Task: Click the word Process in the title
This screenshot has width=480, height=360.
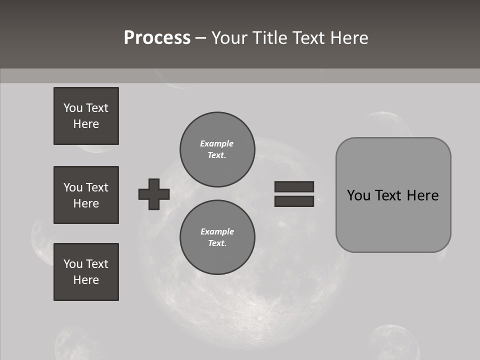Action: [x=157, y=38]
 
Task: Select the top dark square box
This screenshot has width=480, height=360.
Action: [x=86, y=116]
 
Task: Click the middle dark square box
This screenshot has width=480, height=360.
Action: [x=86, y=195]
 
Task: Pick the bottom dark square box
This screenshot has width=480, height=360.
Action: [x=86, y=272]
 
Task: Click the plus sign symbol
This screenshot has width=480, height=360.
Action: [x=154, y=194]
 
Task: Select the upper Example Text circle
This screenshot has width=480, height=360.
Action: [x=217, y=149]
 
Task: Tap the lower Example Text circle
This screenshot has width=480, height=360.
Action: [x=217, y=237]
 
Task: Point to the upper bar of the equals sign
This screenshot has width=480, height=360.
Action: [x=294, y=186]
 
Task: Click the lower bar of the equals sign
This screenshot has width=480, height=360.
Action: [x=294, y=201]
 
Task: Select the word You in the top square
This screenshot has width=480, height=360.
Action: [x=73, y=108]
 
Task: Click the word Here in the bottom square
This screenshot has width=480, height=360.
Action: [x=86, y=280]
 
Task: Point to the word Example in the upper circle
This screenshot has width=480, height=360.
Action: [x=217, y=143]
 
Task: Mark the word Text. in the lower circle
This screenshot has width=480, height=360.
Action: [x=217, y=243]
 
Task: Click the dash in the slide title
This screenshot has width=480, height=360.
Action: [x=200, y=38]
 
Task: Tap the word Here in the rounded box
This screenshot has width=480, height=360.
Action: [x=422, y=195]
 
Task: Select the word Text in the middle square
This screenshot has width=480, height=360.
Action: [x=97, y=187]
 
